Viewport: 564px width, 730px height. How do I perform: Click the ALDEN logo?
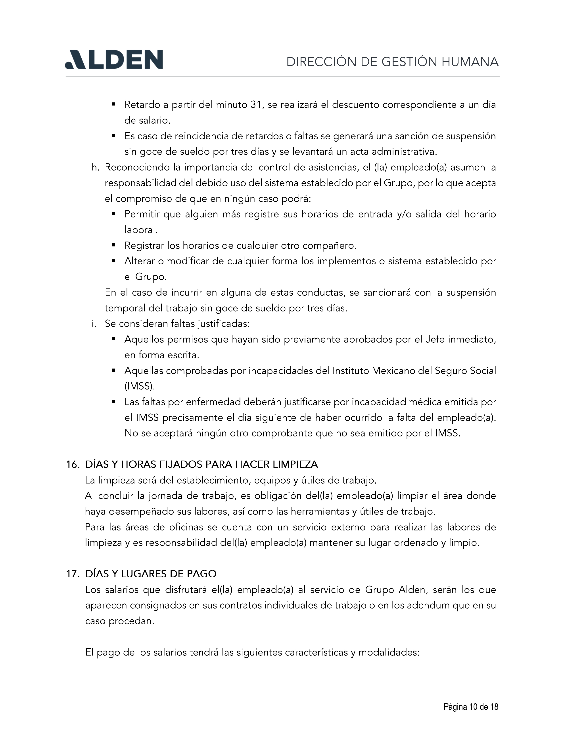[114, 60]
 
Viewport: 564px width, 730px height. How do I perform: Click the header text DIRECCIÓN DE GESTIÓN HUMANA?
[392, 62]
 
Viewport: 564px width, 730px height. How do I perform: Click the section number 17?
[73, 574]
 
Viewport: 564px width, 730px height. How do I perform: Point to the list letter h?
[96, 167]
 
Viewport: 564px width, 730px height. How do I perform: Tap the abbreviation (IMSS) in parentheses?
[140, 386]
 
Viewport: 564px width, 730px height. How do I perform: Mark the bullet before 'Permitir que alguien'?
[114, 214]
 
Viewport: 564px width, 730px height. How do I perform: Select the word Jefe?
[435, 340]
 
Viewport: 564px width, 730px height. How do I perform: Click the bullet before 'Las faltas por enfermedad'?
[114, 402]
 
